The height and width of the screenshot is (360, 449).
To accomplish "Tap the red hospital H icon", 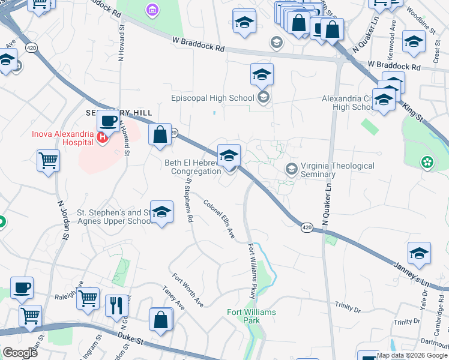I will coord(103,138).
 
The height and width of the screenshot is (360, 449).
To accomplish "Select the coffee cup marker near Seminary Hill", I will coord(108,122).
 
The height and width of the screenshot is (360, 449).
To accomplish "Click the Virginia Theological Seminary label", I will coord(337,170).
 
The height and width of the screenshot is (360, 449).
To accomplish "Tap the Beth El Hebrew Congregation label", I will coord(193,167).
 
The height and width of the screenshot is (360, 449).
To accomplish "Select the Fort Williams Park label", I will coord(252,316).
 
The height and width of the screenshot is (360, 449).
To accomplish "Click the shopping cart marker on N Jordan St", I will coord(49,161).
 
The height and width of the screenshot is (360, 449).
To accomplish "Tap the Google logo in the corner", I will coord(20,353).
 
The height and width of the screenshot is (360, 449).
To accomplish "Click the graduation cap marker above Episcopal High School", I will coord(262,75).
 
